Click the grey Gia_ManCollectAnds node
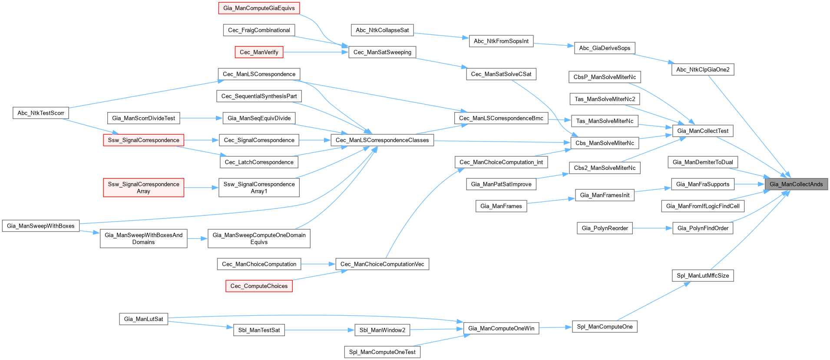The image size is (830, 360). (796, 184)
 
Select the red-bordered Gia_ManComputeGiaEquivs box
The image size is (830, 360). (259, 8)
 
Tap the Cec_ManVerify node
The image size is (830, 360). (259, 52)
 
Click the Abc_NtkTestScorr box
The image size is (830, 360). (41, 113)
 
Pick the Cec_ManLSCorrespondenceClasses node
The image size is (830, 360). (382, 140)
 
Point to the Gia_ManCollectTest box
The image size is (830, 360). (703, 131)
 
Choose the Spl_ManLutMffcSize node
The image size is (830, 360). (703, 275)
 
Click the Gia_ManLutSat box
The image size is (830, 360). (143, 319)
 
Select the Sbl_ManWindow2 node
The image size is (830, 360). (382, 330)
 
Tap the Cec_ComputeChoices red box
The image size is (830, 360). (259, 286)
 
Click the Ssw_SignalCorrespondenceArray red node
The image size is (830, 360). (143, 188)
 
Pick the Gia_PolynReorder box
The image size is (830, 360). (605, 228)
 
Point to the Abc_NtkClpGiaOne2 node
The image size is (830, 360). (703, 69)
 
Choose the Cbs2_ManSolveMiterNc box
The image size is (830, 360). (605, 168)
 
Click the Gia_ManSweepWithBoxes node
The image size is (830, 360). (41, 226)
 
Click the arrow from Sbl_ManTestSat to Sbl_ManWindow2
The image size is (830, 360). (320, 330)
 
